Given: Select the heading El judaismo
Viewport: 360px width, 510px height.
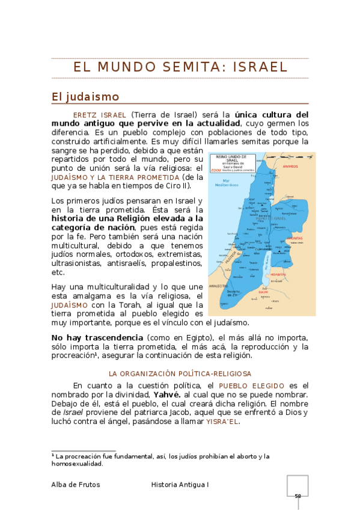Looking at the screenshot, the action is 85,96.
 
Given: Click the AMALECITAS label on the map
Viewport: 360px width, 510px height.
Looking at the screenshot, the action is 218,286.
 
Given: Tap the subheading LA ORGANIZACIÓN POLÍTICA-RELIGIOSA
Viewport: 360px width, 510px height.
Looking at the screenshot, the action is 179,373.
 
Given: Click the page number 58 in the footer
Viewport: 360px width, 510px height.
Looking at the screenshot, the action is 297,496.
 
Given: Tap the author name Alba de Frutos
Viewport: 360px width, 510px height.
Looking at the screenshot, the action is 76,484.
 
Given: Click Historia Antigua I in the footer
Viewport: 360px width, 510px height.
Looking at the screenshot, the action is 180,484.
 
